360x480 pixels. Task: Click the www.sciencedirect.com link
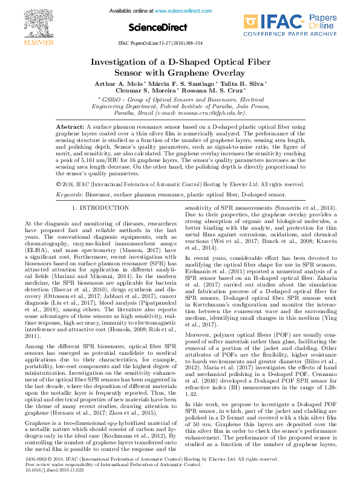[179, 11]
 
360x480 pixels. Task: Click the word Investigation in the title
[123, 63]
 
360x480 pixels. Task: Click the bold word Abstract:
[70, 126]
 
